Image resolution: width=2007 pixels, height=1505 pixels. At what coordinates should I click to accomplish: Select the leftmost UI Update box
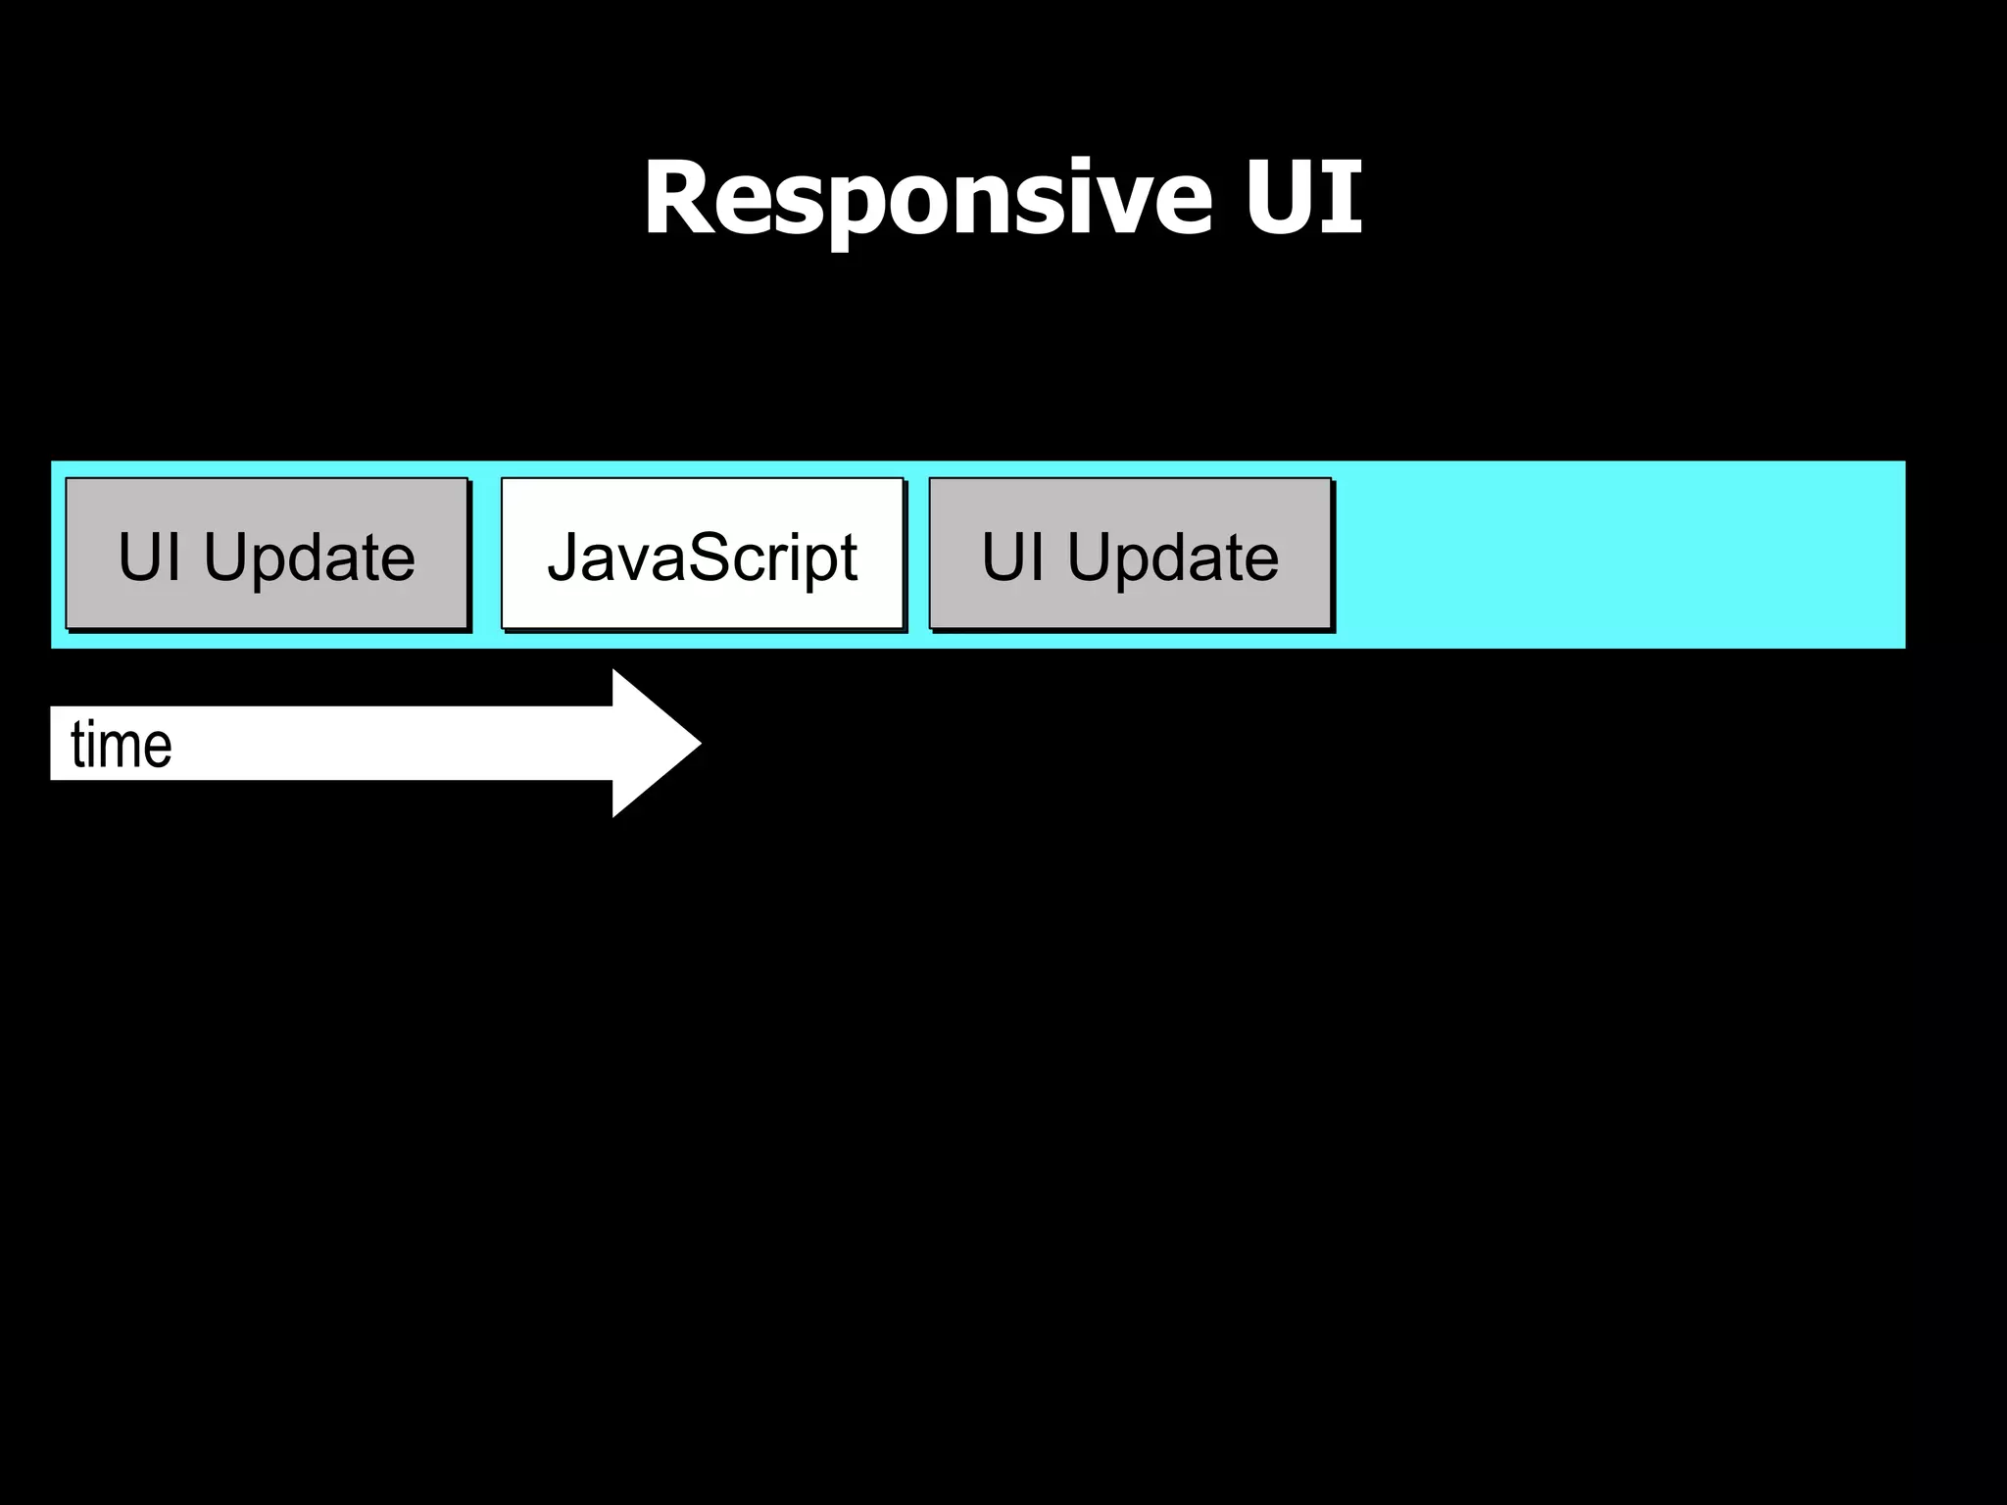pyautogui.click(x=267, y=554)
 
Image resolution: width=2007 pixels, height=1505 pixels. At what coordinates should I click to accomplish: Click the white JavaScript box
pyautogui.click(x=702, y=554)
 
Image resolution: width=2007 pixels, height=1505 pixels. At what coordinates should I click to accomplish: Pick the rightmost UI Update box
pyautogui.click(x=1130, y=554)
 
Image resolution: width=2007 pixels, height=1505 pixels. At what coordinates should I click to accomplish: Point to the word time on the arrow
pyautogui.click(x=122, y=745)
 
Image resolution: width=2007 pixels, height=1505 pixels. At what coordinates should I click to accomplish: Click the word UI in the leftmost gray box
pyautogui.click(x=149, y=557)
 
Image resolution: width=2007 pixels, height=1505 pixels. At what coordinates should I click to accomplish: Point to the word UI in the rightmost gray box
pyautogui.click(x=1012, y=557)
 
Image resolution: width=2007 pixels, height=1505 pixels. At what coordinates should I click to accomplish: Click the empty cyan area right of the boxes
pyautogui.click(x=1617, y=554)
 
